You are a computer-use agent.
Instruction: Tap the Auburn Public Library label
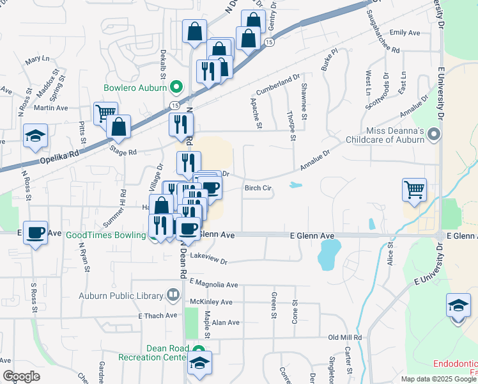coord(121,295)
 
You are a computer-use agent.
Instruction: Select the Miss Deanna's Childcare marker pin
coord(435,134)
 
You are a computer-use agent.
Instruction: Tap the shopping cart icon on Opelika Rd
coord(105,115)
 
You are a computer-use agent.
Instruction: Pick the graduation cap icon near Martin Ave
coord(35,136)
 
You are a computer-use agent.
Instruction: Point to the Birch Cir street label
coord(258,188)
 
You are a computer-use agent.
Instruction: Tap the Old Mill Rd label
coord(345,337)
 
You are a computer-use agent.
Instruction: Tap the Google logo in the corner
coord(21,376)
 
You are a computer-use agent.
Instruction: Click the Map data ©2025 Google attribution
coord(437,379)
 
